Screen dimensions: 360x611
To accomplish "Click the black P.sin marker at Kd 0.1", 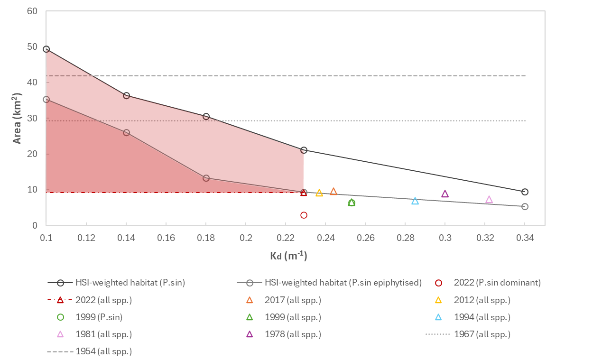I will (46, 49).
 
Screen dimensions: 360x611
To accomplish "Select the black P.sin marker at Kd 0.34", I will (525, 192).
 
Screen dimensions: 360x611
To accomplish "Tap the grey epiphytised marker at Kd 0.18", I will (206, 178).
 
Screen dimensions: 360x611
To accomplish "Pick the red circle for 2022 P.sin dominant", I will (304, 215).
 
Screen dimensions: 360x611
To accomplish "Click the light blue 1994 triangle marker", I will (415, 201).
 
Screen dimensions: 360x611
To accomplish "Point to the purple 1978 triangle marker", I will (445, 194).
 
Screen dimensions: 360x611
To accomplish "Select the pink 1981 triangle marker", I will (489, 199).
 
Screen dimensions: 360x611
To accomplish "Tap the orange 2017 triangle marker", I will (333, 191).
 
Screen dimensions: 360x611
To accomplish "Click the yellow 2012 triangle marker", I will (319, 193).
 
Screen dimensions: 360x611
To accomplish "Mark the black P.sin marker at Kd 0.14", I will (126, 95).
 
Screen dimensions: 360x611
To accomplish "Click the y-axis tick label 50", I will (32, 46).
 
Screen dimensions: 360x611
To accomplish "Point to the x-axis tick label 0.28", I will (405, 238).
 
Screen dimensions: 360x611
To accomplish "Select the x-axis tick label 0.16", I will (166, 238).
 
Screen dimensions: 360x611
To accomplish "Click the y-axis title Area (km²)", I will (17, 118).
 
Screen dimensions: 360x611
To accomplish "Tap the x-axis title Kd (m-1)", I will (288, 256).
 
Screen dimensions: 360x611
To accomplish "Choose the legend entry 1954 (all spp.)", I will (103, 351).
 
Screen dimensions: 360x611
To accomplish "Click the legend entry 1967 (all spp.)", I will (482, 334).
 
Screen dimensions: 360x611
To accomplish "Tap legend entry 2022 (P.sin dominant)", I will (497, 283).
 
